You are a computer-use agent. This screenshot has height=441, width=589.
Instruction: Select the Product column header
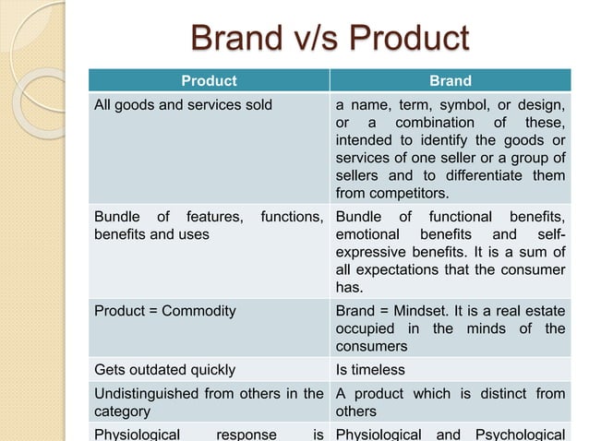click(209, 80)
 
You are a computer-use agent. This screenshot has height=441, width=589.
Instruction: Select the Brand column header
click(451, 80)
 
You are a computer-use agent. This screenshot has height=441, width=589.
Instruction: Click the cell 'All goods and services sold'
click(184, 104)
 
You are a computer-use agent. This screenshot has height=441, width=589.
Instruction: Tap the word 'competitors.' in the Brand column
click(378, 193)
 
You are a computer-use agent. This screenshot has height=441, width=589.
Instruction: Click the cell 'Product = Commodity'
click(165, 311)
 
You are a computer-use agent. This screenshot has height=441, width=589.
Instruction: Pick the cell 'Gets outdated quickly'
click(165, 370)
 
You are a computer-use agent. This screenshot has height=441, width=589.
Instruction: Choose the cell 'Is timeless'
click(370, 370)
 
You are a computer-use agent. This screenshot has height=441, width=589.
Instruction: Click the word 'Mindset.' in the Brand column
click(425, 311)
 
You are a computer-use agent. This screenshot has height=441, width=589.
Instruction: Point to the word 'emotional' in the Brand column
click(366, 234)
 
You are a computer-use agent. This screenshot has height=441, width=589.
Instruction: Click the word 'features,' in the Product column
click(213, 217)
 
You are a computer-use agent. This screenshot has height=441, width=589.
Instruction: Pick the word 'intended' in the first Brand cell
click(363, 140)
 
